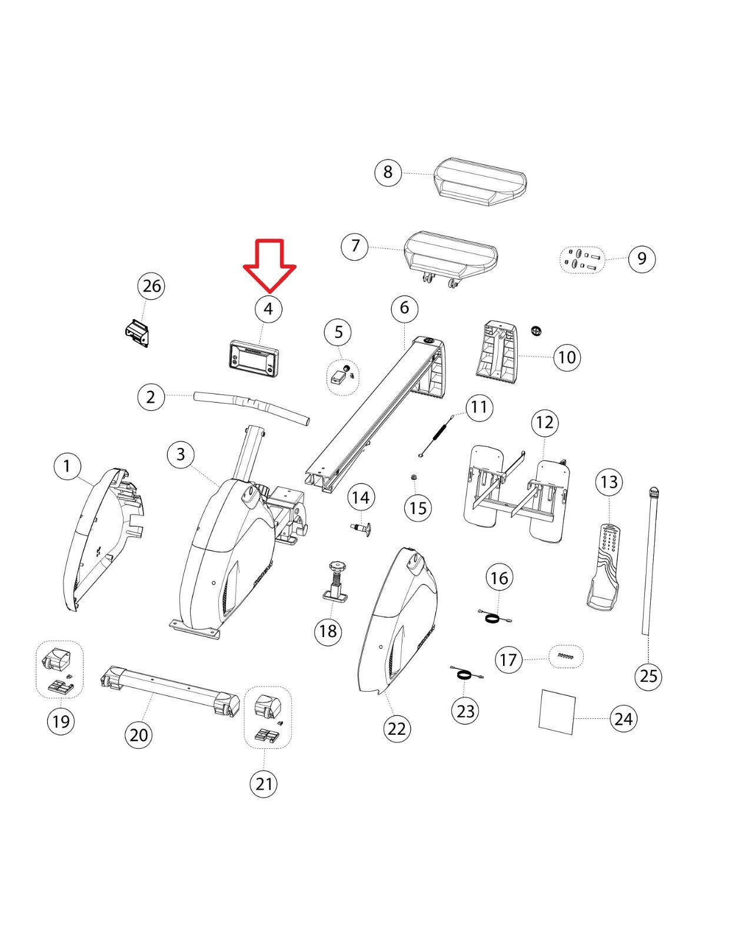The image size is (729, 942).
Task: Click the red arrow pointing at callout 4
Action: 269,265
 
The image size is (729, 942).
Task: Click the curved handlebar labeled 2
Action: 252,407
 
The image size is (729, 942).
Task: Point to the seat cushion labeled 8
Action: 480,182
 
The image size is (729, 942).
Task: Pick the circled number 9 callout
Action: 641,258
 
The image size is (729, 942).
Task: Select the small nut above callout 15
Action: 414,477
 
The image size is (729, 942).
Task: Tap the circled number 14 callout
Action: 361,497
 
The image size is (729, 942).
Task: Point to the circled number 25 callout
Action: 648,675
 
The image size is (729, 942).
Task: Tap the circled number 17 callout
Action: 508,659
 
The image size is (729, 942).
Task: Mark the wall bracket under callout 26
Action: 137,334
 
